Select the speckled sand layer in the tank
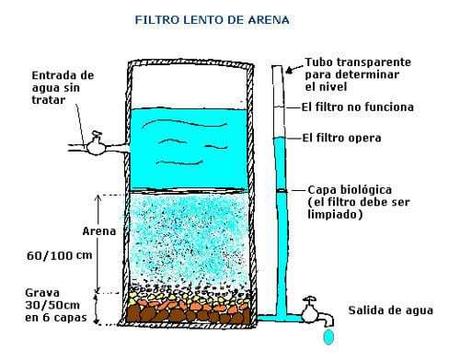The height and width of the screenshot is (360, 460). [190, 240]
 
